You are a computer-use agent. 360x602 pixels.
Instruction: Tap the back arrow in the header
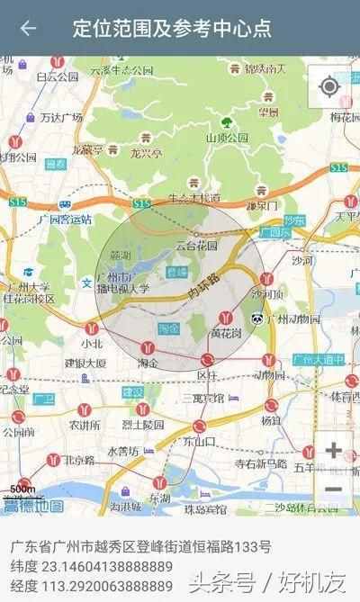[x=28, y=28]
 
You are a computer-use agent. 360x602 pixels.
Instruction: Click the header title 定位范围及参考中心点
[x=172, y=28]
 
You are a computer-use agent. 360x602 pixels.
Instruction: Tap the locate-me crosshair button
[x=329, y=86]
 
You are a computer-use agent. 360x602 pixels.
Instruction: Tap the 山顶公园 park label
[x=227, y=138]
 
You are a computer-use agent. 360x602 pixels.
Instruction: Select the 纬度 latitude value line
[x=92, y=566]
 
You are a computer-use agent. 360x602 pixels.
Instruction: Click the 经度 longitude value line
[x=92, y=585]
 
